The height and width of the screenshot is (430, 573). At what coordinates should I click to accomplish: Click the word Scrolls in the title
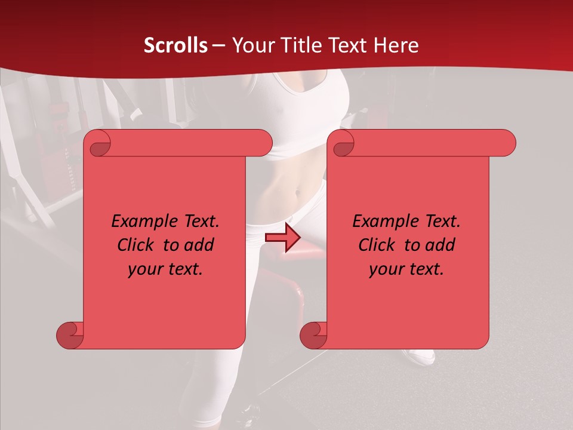[175, 45]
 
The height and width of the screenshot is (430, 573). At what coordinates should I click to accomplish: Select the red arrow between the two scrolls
[282, 238]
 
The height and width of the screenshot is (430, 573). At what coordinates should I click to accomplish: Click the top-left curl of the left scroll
[99, 143]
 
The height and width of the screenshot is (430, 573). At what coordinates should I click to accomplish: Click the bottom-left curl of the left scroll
[70, 335]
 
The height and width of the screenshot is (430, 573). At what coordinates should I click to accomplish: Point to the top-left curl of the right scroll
[343, 143]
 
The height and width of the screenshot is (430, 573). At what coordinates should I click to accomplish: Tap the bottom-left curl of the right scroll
[313, 335]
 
